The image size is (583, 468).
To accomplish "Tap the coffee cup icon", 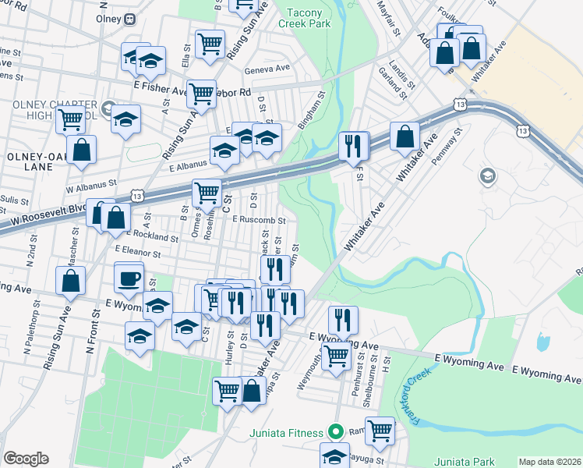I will pos(129,276).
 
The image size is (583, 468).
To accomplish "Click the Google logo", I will pos(26,459).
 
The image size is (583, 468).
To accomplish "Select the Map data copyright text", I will pos(549,462).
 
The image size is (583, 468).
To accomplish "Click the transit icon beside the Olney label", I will pos(129,18).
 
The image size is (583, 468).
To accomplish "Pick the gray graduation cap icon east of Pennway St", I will pos(489,175).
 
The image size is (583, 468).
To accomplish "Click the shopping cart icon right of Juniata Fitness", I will pos(380,430).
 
